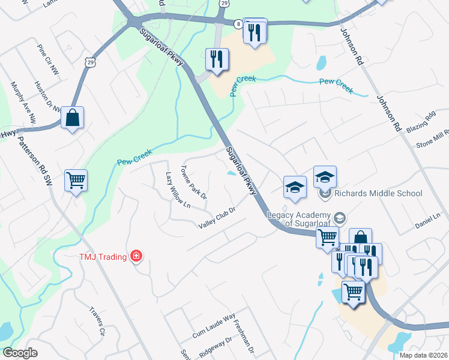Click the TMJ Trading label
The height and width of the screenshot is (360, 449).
coord(103,257)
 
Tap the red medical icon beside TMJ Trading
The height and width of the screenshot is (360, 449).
coord(136,257)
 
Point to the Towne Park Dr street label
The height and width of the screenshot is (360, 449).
coord(194,182)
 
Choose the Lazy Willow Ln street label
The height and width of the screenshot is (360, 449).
coord(178,190)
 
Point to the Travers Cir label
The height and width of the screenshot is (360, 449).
coord(97,322)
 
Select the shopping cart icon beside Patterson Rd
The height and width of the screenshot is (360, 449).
coord(76,179)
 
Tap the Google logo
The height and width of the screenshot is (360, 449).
coord(20,353)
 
